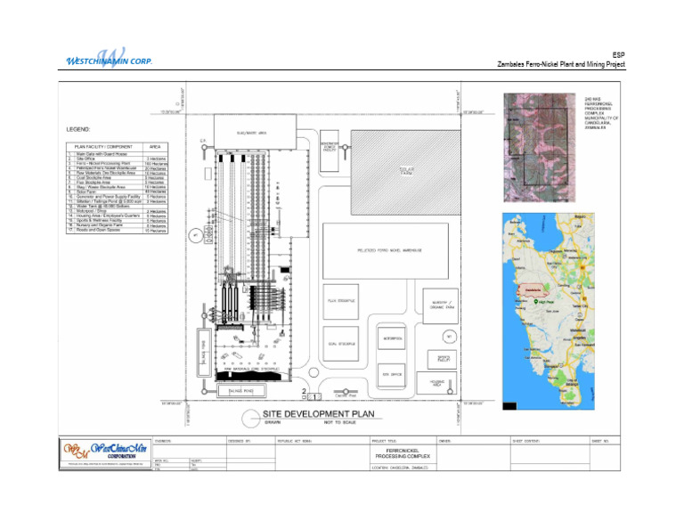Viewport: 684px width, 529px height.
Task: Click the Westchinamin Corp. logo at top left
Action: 109,57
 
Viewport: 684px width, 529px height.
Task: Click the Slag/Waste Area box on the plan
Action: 253,134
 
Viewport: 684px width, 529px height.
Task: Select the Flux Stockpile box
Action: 340,304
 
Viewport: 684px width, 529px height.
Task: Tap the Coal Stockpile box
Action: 340,344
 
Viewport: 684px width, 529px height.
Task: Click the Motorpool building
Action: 393,339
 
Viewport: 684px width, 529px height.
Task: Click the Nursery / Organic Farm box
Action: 440,305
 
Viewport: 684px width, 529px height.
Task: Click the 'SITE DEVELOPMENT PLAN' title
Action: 305,414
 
